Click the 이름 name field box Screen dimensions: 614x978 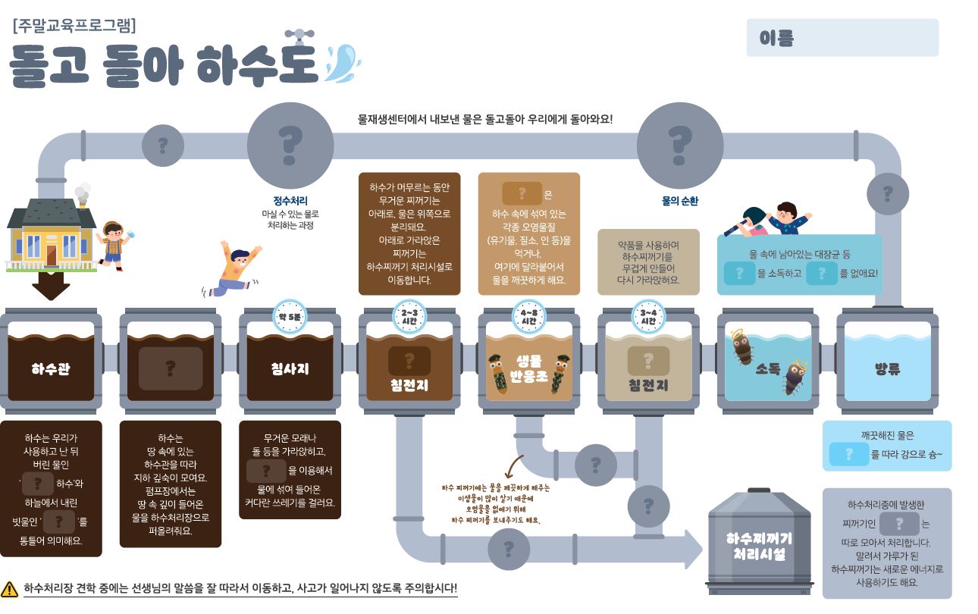click(842, 38)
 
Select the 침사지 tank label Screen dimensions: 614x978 click(290, 369)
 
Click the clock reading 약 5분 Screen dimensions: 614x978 click(290, 315)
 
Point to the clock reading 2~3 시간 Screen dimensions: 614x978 click(409, 317)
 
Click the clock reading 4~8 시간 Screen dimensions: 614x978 click(528, 317)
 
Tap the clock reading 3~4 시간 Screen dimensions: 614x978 click(648, 317)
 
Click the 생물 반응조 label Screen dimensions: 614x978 click(528, 369)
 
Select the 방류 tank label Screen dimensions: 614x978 click(887, 369)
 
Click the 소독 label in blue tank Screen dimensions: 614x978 click(767, 369)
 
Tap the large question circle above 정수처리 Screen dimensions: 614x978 click(290, 145)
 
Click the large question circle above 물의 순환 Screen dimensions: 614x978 click(679, 145)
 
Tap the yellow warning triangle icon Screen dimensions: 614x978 click(10, 588)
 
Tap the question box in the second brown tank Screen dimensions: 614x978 click(171, 368)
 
